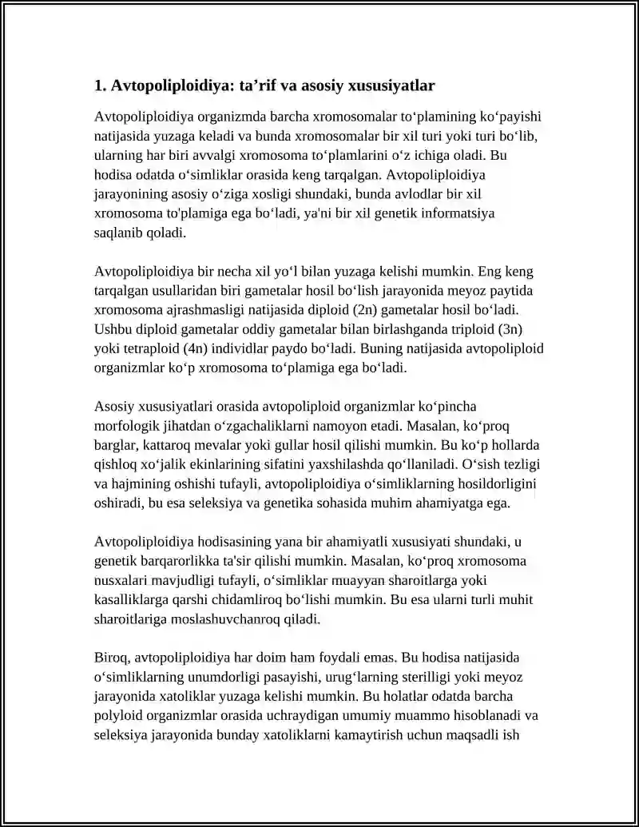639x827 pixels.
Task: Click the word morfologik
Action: pyautogui.click(x=126, y=425)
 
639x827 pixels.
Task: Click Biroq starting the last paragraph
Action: pyautogui.click(x=113, y=658)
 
